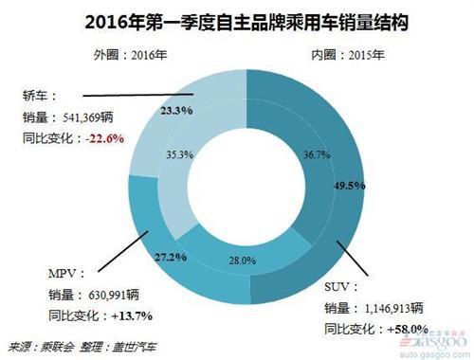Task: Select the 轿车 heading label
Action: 40,97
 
